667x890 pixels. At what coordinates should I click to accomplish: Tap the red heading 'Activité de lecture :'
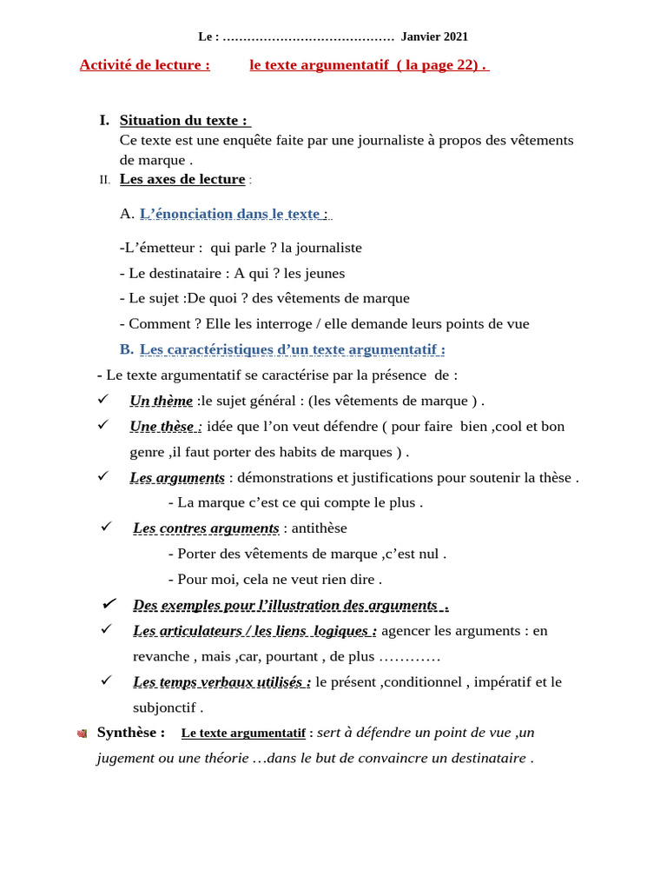144,64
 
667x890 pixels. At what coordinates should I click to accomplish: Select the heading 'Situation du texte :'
184,120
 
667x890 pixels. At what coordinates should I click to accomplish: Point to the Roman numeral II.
105,180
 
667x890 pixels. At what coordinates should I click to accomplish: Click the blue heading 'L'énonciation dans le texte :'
234,214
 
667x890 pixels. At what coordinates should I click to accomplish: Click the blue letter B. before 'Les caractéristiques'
127,349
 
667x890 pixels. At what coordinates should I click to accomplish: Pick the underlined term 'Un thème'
162,401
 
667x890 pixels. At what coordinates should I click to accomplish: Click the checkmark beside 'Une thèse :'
103,425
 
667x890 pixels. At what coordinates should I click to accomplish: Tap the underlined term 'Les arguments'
177,477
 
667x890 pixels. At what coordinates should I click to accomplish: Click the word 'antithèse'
319,528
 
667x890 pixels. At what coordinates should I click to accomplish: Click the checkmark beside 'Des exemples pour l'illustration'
109,604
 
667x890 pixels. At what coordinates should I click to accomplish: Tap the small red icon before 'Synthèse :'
82,734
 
